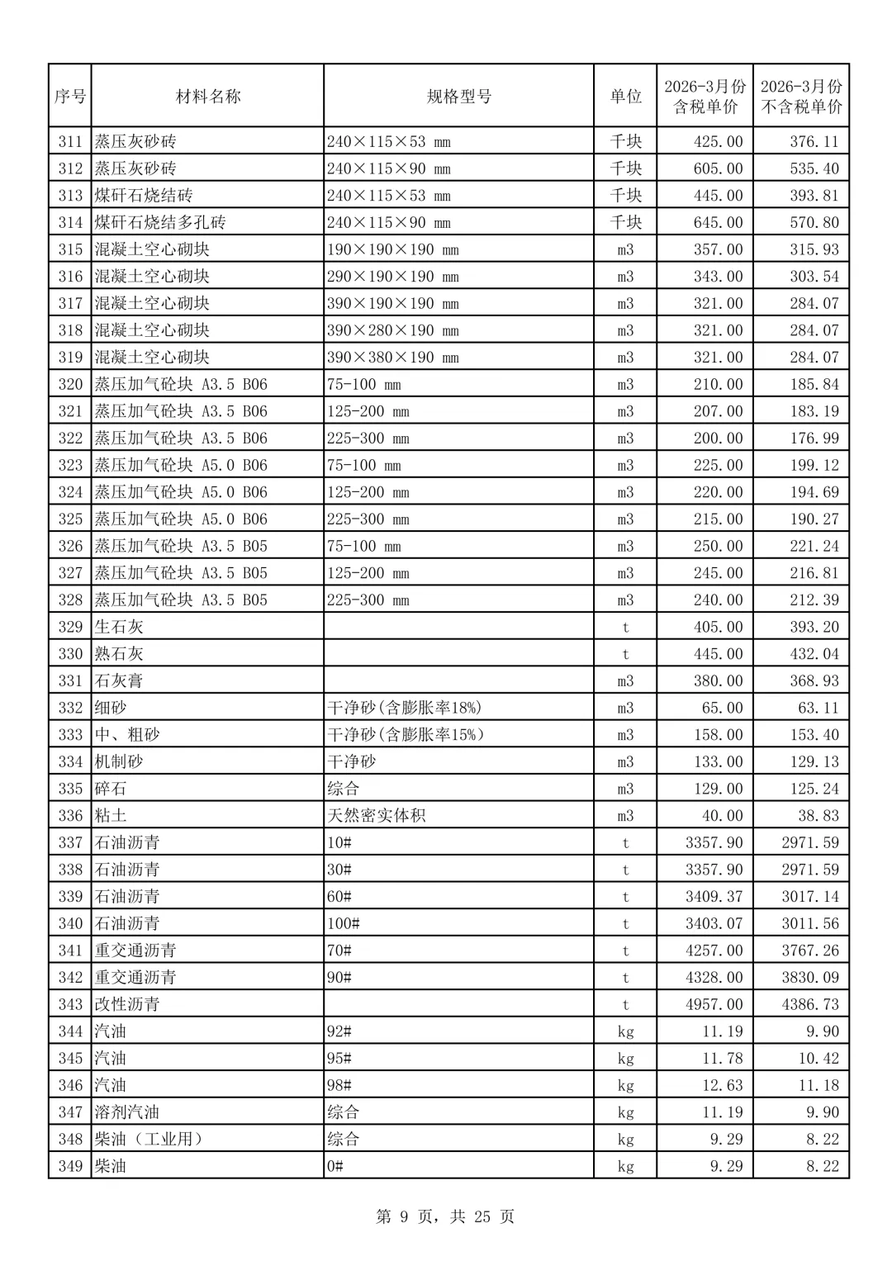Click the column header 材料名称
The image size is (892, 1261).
[208, 97]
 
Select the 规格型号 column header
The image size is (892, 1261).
[458, 97]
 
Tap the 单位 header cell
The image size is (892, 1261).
[625, 97]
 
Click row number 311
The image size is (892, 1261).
[70, 142]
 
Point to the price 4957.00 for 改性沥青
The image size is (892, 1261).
[714, 1004]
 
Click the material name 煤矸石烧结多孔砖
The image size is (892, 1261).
[160, 223]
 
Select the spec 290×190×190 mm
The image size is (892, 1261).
[392, 277]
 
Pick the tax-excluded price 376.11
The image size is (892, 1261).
[814, 142]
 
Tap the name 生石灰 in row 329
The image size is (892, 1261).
[119, 627]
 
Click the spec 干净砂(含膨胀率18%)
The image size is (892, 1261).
[405, 708]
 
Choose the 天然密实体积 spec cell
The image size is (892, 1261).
[377, 816]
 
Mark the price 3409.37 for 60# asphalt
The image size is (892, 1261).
[714, 897]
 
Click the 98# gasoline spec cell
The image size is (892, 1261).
[339, 1085]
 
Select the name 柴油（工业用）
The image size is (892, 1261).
[149, 1140]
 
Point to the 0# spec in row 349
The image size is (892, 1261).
[335, 1166]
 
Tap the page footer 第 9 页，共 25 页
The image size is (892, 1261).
[445, 1216]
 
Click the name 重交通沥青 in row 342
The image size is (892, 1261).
[135, 978]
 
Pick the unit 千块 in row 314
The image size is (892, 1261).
[625, 223]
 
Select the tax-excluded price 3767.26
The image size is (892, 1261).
[809, 950]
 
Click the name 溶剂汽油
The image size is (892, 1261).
[127, 1112]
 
